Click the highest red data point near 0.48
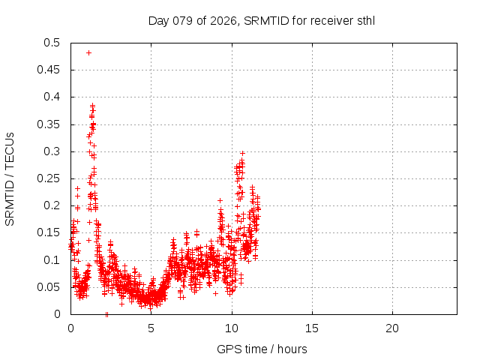88,52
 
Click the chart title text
262,20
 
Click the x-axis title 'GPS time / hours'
262,349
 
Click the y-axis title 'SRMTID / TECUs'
10,178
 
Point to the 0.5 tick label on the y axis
52,43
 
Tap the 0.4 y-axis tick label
52,97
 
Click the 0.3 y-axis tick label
52,151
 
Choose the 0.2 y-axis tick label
52,205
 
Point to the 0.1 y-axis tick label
52,259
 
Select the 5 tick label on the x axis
151,328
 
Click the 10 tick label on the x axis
232,328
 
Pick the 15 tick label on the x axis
312,328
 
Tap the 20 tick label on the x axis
392,328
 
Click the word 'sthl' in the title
365,20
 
